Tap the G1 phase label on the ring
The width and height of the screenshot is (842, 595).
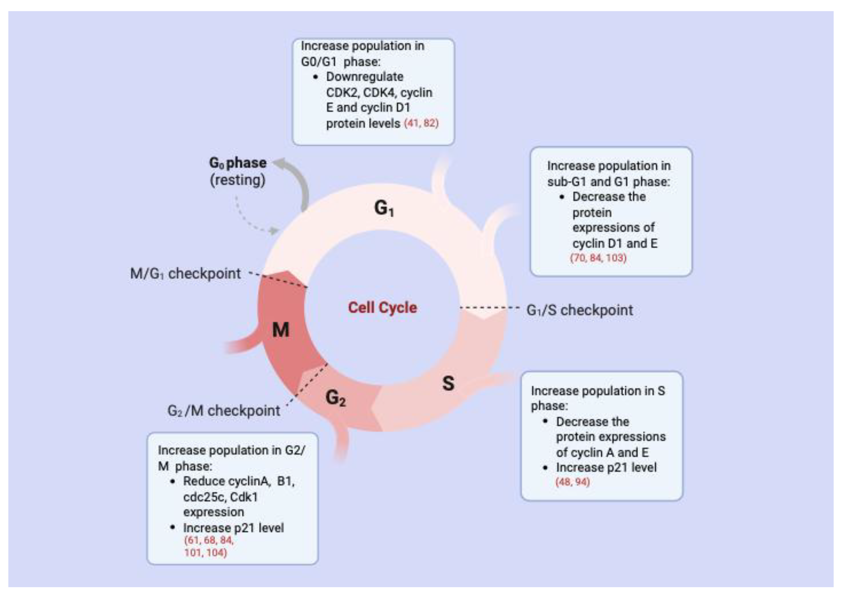(384, 208)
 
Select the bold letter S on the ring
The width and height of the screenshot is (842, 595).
(448, 383)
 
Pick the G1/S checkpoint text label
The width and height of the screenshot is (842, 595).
(579, 310)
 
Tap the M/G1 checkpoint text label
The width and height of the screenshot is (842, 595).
(185, 274)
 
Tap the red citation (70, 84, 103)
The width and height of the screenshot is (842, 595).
(598, 258)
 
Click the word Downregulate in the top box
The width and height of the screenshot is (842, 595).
(365, 77)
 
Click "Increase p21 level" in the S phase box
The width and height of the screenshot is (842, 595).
(606, 467)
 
